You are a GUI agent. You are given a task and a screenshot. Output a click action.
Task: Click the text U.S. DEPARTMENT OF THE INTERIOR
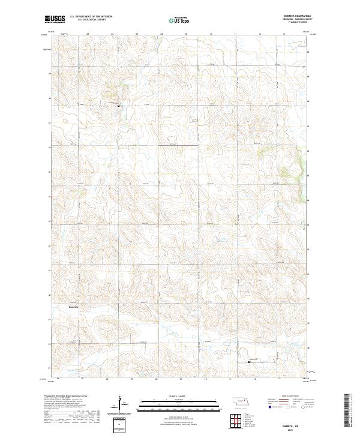91,17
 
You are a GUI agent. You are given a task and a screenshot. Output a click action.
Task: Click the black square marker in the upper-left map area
119,106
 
